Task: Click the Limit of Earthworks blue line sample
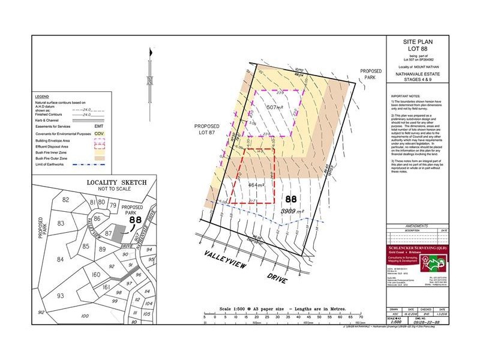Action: (x=100, y=157)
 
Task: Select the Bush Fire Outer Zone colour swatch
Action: (x=100, y=151)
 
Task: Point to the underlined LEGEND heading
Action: (x=42, y=97)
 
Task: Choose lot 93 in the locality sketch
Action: (x=60, y=296)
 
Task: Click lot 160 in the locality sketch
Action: (x=96, y=274)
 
